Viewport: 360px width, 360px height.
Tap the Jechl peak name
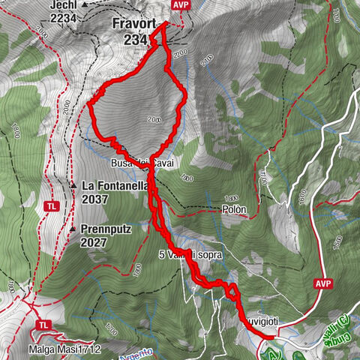63,4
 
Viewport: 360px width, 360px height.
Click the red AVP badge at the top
180,5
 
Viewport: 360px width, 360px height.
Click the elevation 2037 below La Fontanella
97,199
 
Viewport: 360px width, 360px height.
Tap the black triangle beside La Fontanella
73,184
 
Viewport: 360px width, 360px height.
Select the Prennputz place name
106,229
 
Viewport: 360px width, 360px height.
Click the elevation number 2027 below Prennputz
97,243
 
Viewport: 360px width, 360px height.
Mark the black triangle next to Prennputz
73,229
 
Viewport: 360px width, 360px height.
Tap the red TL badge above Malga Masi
43,325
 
